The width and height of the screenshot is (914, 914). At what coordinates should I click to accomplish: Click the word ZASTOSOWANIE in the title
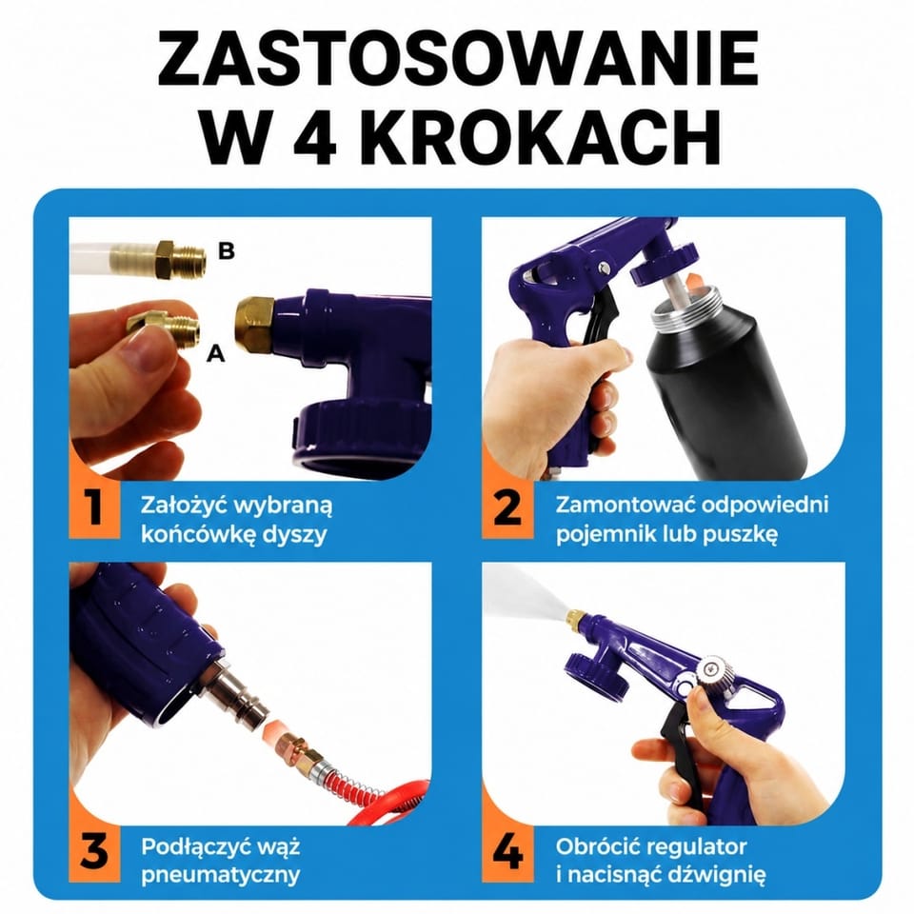pyautogui.click(x=458, y=59)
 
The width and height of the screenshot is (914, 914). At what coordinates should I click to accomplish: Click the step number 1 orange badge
pyautogui.click(x=94, y=508)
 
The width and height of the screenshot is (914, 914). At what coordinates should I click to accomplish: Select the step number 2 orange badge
pyautogui.click(x=507, y=508)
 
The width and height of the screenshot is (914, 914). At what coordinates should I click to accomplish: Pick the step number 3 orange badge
pyautogui.click(x=94, y=852)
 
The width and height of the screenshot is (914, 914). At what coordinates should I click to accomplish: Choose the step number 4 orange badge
pyautogui.click(x=507, y=852)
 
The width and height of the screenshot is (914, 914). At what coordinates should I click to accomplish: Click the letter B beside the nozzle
pyautogui.click(x=227, y=250)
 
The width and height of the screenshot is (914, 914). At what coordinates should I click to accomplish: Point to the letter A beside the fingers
pyautogui.click(x=216, y=353)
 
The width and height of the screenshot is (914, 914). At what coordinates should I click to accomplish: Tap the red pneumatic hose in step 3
pyautogui.click(x=391, y=802)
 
